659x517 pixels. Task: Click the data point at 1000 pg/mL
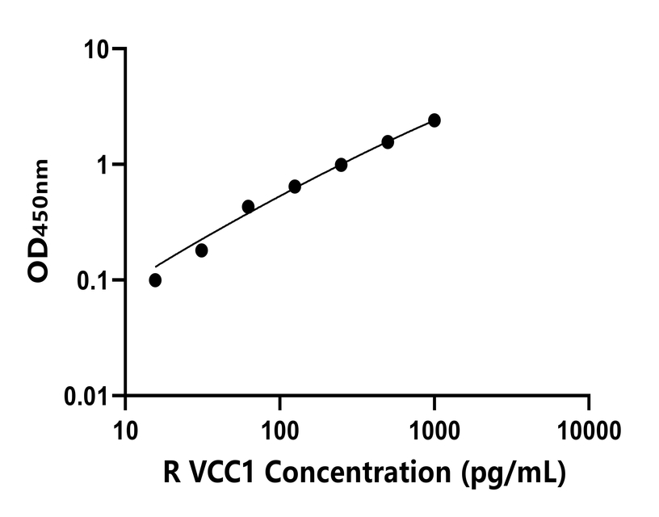click(x=434, y=120)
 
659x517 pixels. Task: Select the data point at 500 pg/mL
click(x=388, y=142)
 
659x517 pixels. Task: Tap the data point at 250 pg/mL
click(x=341, y=165)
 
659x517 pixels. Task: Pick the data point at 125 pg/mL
click(x=295, y=187)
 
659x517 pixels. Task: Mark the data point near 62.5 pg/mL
click(x=248, y=207)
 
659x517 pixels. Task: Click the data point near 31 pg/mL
click(x=202, y=250)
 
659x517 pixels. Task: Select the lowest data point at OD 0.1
click(x=155, y=280)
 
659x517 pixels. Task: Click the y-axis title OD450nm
click(x=37, y=221)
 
